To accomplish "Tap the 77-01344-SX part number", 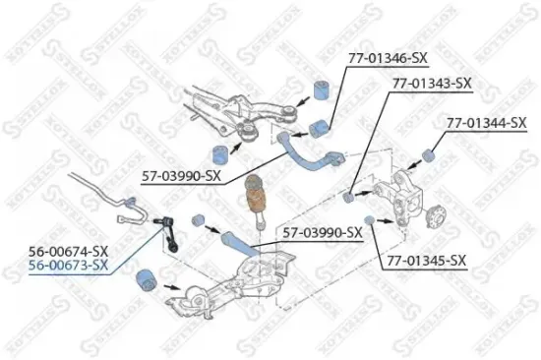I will pyautogui.click(x=486, y=123).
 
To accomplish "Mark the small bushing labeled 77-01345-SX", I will pyautogui.click(x=369, y=218).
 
